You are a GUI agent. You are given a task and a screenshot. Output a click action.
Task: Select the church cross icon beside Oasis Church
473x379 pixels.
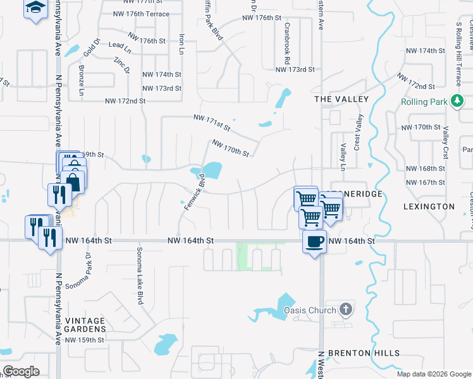[345, 309]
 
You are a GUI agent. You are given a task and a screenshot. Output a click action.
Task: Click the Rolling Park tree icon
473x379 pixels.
[457, 101]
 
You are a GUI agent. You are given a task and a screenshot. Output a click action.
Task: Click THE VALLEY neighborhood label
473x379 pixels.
[341, 99]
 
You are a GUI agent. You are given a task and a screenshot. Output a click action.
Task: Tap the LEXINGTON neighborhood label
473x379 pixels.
[429, 207]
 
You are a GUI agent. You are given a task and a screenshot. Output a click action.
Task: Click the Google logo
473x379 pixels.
[21, 371]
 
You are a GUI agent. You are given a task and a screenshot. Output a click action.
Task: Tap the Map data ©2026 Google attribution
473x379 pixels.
[433, 374]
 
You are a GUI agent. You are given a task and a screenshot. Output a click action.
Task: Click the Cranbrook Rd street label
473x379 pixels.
[287, 44]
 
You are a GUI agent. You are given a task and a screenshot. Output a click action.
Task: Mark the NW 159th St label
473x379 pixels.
[84, 340]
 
